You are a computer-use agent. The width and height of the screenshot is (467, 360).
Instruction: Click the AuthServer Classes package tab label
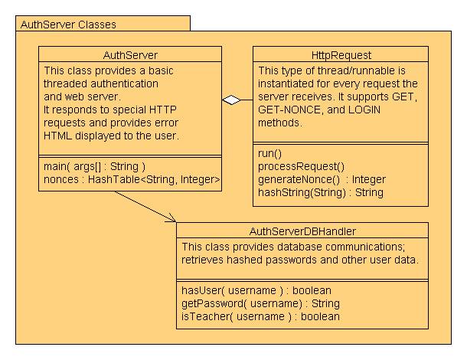coord(68,25)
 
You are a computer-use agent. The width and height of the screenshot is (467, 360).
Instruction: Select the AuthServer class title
coord(130,55)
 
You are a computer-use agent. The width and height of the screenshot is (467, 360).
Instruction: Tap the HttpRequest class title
coord(341,55)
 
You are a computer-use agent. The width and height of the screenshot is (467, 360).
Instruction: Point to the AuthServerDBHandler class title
coord(302,231)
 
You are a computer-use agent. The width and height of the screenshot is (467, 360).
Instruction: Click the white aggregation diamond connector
coord(231,100)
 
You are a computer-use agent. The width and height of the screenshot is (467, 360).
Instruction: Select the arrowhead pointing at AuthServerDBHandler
coord(171,218)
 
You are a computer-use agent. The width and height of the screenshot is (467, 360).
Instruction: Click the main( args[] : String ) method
coord(94,166)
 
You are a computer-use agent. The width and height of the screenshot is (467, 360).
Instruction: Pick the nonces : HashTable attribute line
coord(132,179)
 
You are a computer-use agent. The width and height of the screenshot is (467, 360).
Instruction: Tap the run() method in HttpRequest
coord(269,153)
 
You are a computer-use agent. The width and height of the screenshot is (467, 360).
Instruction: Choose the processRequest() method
coord(301,166)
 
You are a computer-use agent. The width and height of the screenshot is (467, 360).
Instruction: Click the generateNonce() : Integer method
coord(322,179)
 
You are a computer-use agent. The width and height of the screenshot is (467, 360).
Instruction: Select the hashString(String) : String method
coord(321,192)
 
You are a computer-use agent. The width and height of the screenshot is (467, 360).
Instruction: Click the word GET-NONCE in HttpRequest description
coord(289,110)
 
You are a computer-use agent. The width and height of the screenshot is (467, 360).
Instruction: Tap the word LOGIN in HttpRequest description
coord(364,110)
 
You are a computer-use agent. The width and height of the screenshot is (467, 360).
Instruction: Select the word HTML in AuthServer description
coord(57,136)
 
